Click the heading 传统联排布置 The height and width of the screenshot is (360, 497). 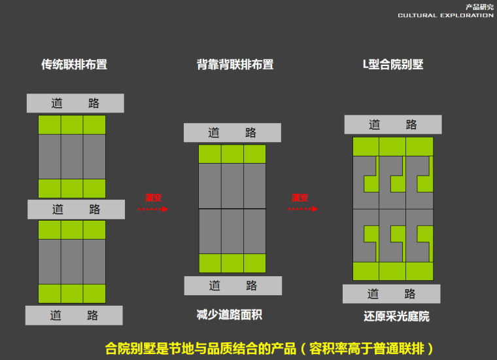tap(74, 65)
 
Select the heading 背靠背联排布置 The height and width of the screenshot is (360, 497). tap(235, 65)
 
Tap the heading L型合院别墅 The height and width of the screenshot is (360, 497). tap(393, 65)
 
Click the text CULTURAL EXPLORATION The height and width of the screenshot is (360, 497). tap(445, 15)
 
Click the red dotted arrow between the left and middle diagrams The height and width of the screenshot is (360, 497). tap(153, 209)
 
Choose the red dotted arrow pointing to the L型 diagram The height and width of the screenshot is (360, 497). tap(303, 209)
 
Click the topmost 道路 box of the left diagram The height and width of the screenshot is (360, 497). tap(75, 103)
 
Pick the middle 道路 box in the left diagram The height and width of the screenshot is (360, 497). tap(76, 209)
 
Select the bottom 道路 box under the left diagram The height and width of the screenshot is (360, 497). tap(74, 315)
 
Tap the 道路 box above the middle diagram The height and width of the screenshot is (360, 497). tap(232, 133)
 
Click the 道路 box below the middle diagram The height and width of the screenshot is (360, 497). tap(233, 285)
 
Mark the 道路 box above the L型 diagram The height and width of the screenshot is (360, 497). tap(392, 125)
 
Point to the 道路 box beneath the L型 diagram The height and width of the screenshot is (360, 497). tap(391, 294)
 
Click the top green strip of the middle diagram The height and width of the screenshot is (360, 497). tap(232, 154)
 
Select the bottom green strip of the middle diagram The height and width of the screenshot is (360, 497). tap(232, 263)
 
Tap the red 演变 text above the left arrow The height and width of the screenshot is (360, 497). tap(153, 197)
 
